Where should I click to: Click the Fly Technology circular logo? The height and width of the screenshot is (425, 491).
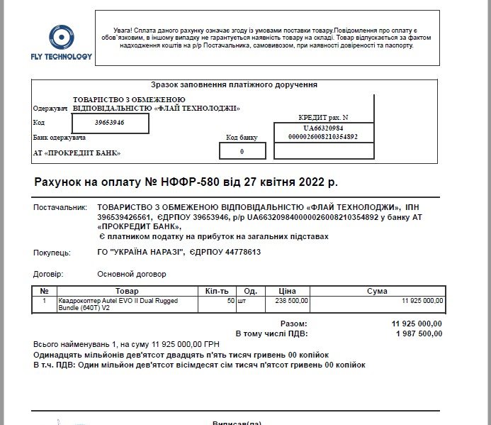tap(60, 37)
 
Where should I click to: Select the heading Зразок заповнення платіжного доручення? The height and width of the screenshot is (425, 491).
tap(233, 84)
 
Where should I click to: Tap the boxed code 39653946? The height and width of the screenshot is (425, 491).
tap(110, 123)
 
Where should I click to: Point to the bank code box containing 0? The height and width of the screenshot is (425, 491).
tap(242, 151)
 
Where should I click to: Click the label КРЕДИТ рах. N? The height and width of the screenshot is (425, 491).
tap(324, 117)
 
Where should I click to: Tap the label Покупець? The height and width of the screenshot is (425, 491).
tap(52, 253)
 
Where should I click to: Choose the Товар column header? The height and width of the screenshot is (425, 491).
tap(127, 291)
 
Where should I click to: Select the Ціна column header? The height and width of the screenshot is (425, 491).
tap(287, 291)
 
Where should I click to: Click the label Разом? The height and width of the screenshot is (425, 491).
tap(293, 324)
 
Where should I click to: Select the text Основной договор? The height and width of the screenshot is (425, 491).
tap(131, 274)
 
